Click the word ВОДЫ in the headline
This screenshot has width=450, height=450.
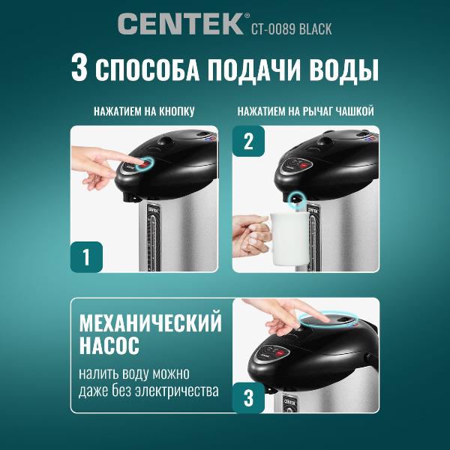pyautogui.click(x=341, y=69)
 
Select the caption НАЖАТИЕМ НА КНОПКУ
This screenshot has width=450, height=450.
pyautogui.click(x=144, y=112)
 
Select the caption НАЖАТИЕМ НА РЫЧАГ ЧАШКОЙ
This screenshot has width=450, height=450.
pyautogui.click(x=305, y=112)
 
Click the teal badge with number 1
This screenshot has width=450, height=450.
pyautogui.click(x=86, y=256)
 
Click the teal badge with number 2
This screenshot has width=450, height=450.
pyautogui.click(x=248, y=141)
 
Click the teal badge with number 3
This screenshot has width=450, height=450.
pyautogui.click(x=248, y=397)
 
